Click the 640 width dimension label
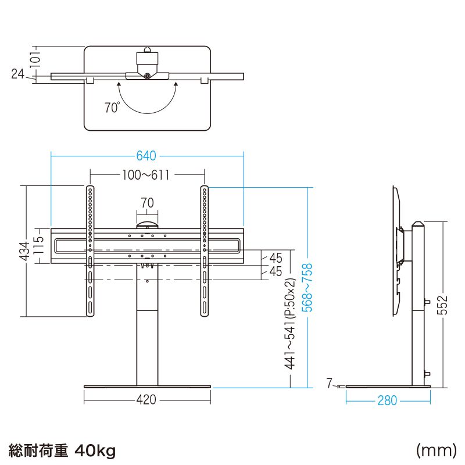(146, 156)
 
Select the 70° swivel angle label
(112, 108)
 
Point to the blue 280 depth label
(387, 400)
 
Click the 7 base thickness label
(329, 384)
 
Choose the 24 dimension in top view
(17, 74)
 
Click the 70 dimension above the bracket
(147, 203)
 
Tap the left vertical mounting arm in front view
(90, 251)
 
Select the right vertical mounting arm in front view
(205, 251)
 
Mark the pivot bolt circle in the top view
(147, 76)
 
